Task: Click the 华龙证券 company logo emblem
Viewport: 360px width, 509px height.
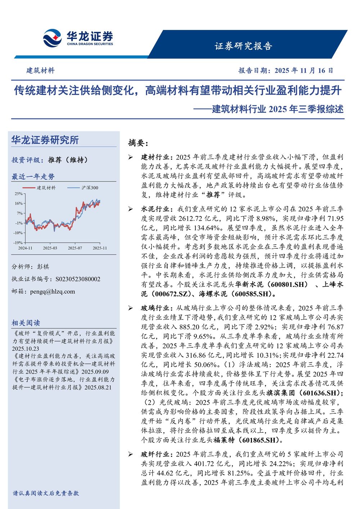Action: pos(52,39)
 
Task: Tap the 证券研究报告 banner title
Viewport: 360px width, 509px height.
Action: pos(243,46)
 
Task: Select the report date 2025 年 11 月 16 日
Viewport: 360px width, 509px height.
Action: pos(304,71)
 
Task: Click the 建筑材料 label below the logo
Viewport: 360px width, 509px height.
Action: pos(40,71)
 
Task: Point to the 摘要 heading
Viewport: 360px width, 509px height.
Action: pos(138,143)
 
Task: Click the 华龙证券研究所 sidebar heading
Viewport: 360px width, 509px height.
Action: pos(45,140)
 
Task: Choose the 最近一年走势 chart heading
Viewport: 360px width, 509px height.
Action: pos(33,176)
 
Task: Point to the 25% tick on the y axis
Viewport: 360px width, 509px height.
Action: pos(18,194)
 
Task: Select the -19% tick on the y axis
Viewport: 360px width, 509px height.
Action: pos(18,243)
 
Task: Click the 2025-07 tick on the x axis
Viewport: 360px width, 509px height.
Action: pos(75,248)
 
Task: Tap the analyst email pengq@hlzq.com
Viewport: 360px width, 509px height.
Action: pos(53,292)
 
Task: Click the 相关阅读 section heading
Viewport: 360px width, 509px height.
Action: pos(26,323)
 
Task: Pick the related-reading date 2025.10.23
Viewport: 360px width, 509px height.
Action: pos(26,348)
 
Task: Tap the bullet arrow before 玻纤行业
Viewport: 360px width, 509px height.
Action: pos(131,454)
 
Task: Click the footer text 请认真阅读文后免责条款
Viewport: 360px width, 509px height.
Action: pos(46,493)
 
